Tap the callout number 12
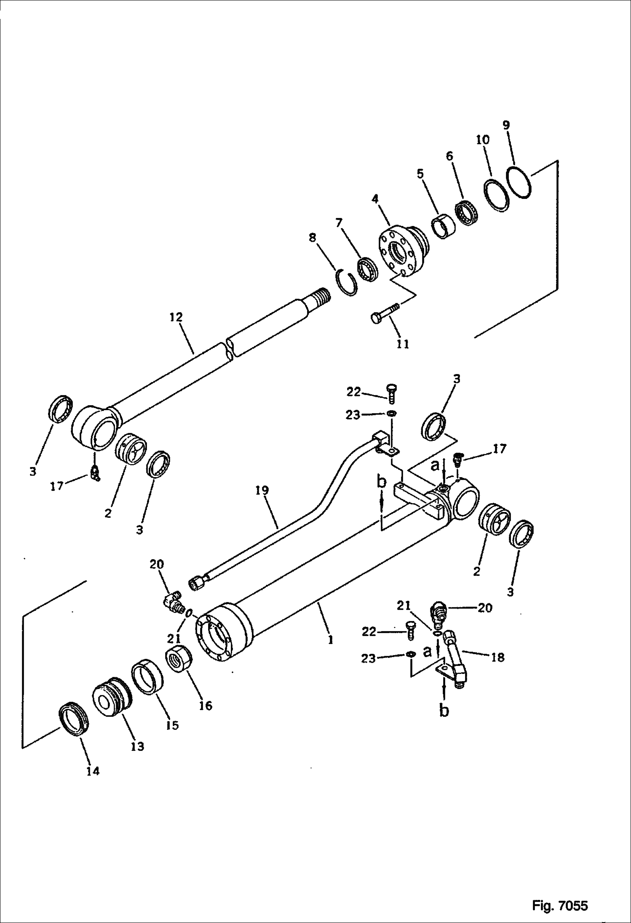tap(176, 317)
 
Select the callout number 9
tap(506, 125)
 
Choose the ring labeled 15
tap(148, 678)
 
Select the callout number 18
tap(498, 657)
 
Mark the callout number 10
tap(483, 140)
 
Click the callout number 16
tap(206, 705)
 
